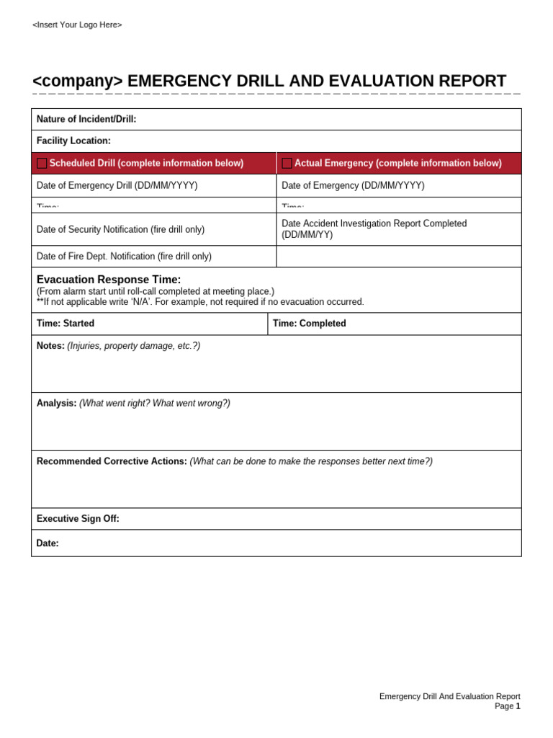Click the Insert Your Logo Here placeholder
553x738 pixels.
(x=77, y=25)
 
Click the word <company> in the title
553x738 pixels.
(x=78, y=81)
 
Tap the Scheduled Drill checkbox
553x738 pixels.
(x=42, y=164)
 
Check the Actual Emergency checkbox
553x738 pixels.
(x=287, y=164)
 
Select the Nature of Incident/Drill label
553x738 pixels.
(x=86, y=120)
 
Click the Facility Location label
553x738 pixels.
(x=73, y=141)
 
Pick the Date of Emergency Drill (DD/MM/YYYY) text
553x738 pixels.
(x=117, y=186)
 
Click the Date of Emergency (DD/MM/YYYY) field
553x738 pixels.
(x=353, y=186)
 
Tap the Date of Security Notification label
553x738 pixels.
(x=120, y=230)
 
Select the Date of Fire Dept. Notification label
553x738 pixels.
(x=124, y=257)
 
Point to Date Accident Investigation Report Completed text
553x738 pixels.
(x=374, y=224)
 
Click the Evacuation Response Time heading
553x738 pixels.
(x=109, y=280)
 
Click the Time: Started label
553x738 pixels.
(x=66, y=324)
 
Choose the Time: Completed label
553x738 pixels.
(x=309, y=324)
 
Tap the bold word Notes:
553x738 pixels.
(x=50, y=346)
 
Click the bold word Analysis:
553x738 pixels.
(x=56, y=404)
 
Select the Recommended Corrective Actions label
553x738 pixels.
(x=112, y=461)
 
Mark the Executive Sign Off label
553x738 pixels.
(x=78, y=519)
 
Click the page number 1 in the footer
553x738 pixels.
(x=518, y=706)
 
